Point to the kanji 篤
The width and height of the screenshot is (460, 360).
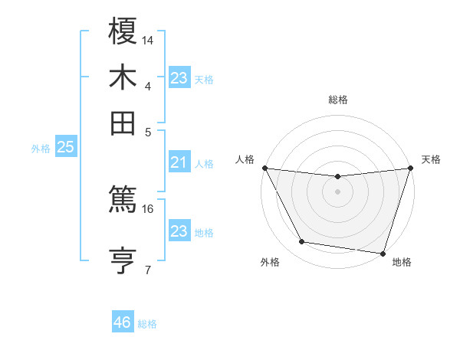[123, 201]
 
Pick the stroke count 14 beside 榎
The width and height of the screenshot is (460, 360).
[148, 40]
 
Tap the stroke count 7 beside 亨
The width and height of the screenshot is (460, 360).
[148, 270]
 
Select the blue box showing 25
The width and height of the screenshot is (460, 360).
[65, 147]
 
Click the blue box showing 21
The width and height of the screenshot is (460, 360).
[179, 162]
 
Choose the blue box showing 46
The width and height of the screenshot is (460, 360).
[123, 322]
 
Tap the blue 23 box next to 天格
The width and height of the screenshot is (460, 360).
[179, 78]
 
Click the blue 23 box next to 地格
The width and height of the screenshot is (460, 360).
[179, 231]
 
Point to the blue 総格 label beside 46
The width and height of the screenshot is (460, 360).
[147, 324]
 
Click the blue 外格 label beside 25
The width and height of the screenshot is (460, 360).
[40, 149]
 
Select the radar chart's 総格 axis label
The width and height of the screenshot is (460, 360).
[337, 100]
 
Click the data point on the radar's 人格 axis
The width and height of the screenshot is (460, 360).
[264, 168]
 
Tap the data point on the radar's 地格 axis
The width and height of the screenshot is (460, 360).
[383, 253]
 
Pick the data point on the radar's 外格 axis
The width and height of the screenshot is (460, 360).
[302, 242]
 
